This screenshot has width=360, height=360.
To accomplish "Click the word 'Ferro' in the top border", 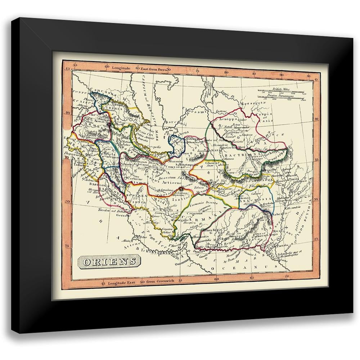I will pos(159,68).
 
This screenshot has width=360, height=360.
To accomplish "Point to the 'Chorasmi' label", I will pos(194,112).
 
